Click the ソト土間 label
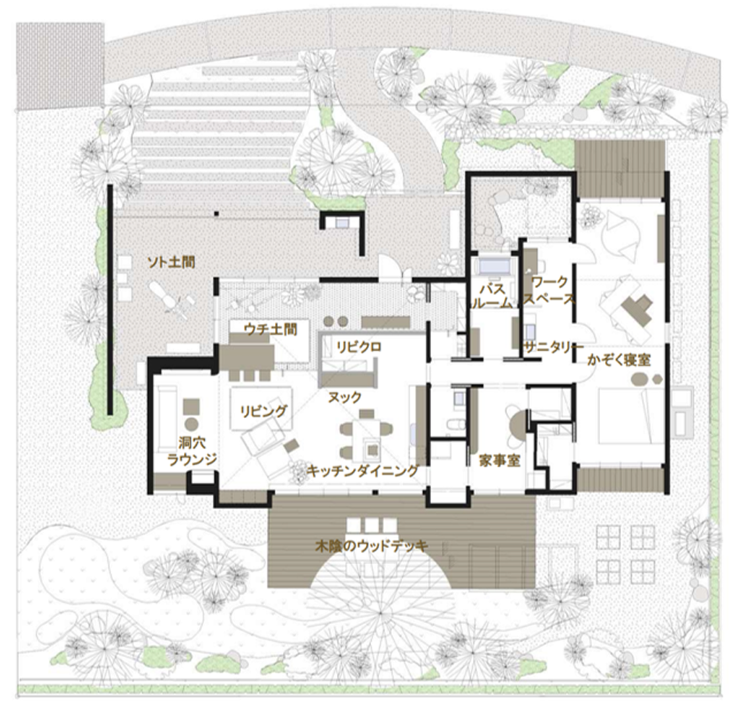(x=171, y=262)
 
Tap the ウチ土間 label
(x=270, y=329)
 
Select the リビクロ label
(x=359, y=347)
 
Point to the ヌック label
(x=345, y=397)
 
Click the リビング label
(x=263, y=410)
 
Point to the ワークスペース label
(x=549, y=290)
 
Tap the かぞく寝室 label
(x=618, y=360)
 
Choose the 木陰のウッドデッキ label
(x=372, y=546)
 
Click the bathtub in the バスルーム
(x=494, y=265)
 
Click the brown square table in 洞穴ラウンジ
(x=191, y=407)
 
